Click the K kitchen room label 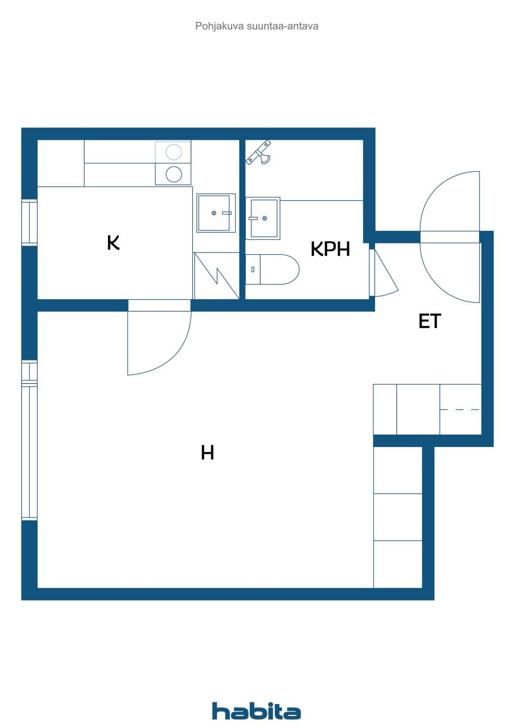[113, 243]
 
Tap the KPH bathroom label [330, 249]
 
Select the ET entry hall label [430, 321]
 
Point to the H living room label [207, 453]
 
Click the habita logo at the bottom [257, 711]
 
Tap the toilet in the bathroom [273, 270]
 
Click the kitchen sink [216, 213]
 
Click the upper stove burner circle [174, 152]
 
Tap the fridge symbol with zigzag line [216, 276]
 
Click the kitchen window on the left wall [29, 222]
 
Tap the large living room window [29, 441]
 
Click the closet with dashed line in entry [460, 409]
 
